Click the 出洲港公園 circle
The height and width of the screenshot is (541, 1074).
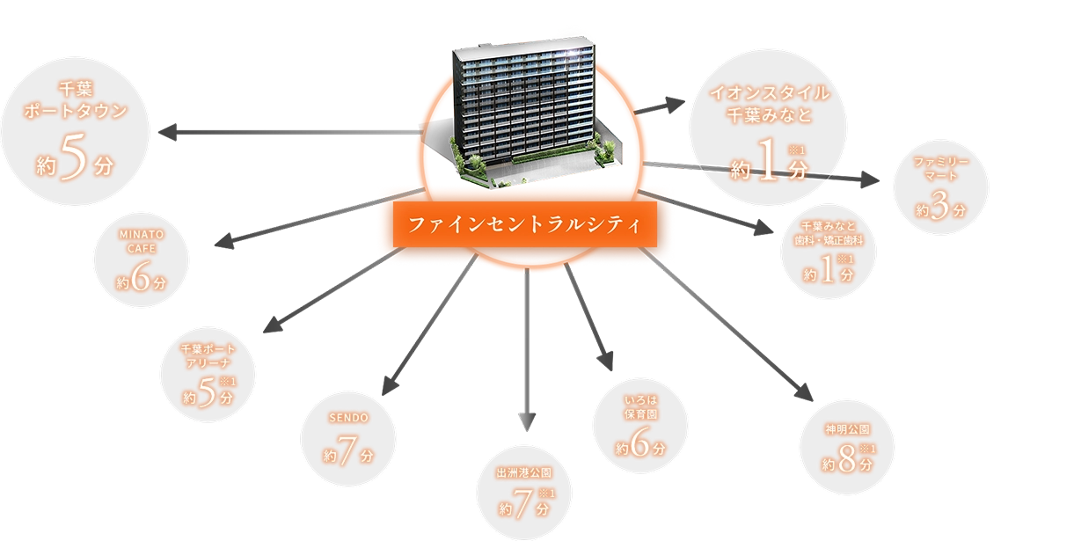pyautogui.click(x=526, y=495)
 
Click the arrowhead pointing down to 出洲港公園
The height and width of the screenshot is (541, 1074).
pyautogui.click(x=526, y=424)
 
